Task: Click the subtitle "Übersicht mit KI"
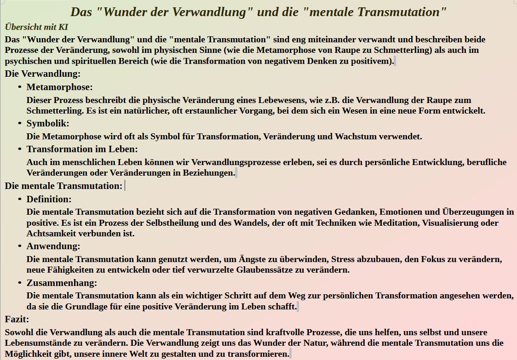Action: [x=36, y=27]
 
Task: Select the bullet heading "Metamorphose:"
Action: [x=59, y=87]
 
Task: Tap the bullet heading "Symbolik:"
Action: [x=48, y=123]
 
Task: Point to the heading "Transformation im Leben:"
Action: [x=82, y=149]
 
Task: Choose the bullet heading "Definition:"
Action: [x=49, y=199]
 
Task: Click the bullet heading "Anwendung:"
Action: [x=53, y=246]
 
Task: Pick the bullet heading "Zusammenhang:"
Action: [x=62, y=283]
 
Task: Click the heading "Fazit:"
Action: [x=17, y=319]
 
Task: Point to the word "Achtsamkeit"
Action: [x=51, y=233]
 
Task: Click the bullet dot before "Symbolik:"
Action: [x=20, y=123]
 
